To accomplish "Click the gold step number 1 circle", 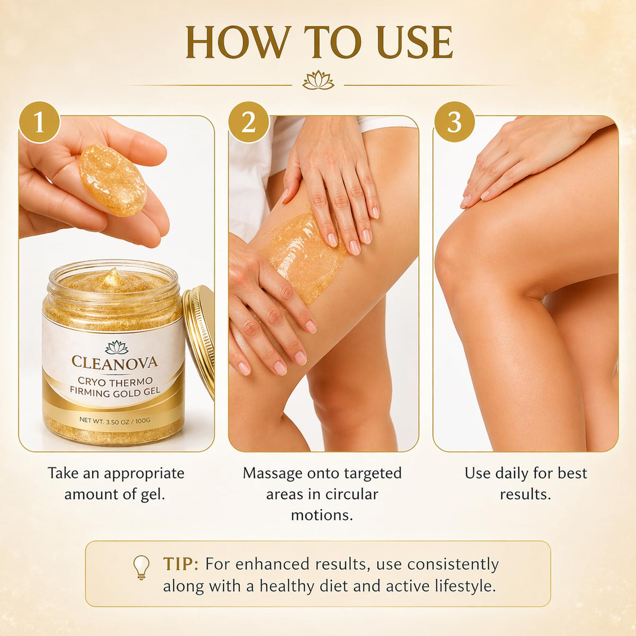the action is click(39, 122).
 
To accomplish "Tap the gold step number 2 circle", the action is click(249, 122).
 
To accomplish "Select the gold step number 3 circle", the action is click(454, 122).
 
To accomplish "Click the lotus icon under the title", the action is click(318, 80).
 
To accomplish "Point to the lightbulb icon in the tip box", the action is click(142, 567).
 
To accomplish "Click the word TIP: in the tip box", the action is click(181, 564).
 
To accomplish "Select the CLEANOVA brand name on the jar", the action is click(114, 362).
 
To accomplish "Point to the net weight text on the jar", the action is click(114, 420).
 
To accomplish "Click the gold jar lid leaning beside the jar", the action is click(199, 340).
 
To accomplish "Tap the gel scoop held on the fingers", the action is click(112, 180).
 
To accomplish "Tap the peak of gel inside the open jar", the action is click(111, 276).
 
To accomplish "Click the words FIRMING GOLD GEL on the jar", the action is click(115, 392).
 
